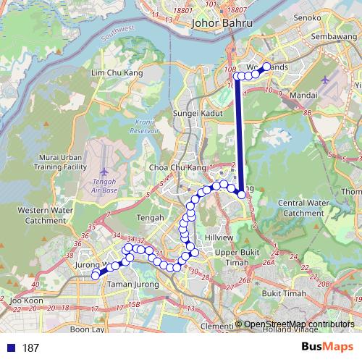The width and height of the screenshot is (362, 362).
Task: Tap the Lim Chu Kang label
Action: (117, 73)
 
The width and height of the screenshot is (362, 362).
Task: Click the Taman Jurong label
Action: (127, 285)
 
